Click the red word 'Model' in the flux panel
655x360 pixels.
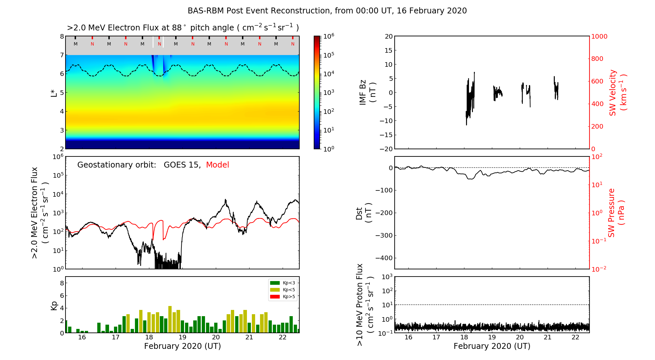pos(217,165)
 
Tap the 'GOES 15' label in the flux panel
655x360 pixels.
pos(182,165)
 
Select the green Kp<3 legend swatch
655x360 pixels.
pos(274,283)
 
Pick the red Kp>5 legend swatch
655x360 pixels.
pos(274,297)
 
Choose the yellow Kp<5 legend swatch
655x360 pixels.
pos(274,290)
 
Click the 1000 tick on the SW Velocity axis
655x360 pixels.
pos(599,36)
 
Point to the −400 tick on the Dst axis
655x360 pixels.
pos(384,258)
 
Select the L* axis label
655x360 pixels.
pos(54,93)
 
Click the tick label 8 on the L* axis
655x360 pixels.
pos(62,36)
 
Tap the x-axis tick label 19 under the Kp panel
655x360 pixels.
pos(182,337)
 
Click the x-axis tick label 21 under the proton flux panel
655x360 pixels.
pos(548,337)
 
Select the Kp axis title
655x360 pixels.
pos(54,305)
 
